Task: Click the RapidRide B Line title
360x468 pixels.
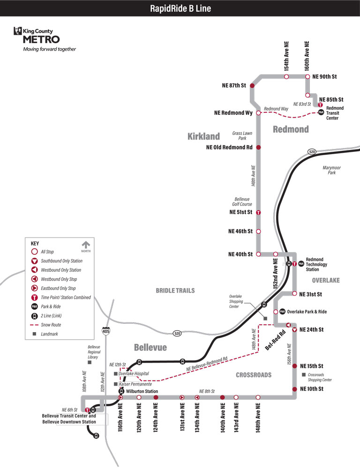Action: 180,8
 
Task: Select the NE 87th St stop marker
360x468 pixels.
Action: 252,86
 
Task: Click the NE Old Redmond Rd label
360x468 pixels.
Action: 229,147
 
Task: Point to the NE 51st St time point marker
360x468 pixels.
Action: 258,212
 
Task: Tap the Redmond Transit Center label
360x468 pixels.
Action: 335,113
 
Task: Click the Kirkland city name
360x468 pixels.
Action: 203,136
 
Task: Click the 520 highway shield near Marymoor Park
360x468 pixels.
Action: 312,152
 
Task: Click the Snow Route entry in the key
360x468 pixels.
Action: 51,325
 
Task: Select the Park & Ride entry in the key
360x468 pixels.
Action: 51,306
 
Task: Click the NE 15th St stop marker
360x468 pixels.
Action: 294,366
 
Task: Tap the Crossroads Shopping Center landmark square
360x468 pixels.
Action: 304,375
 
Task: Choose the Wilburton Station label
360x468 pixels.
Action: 142,391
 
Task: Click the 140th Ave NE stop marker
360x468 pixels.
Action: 223,397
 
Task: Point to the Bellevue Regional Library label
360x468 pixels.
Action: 94,351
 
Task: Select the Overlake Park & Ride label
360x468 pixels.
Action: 307,312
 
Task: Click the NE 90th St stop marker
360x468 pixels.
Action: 307,76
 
